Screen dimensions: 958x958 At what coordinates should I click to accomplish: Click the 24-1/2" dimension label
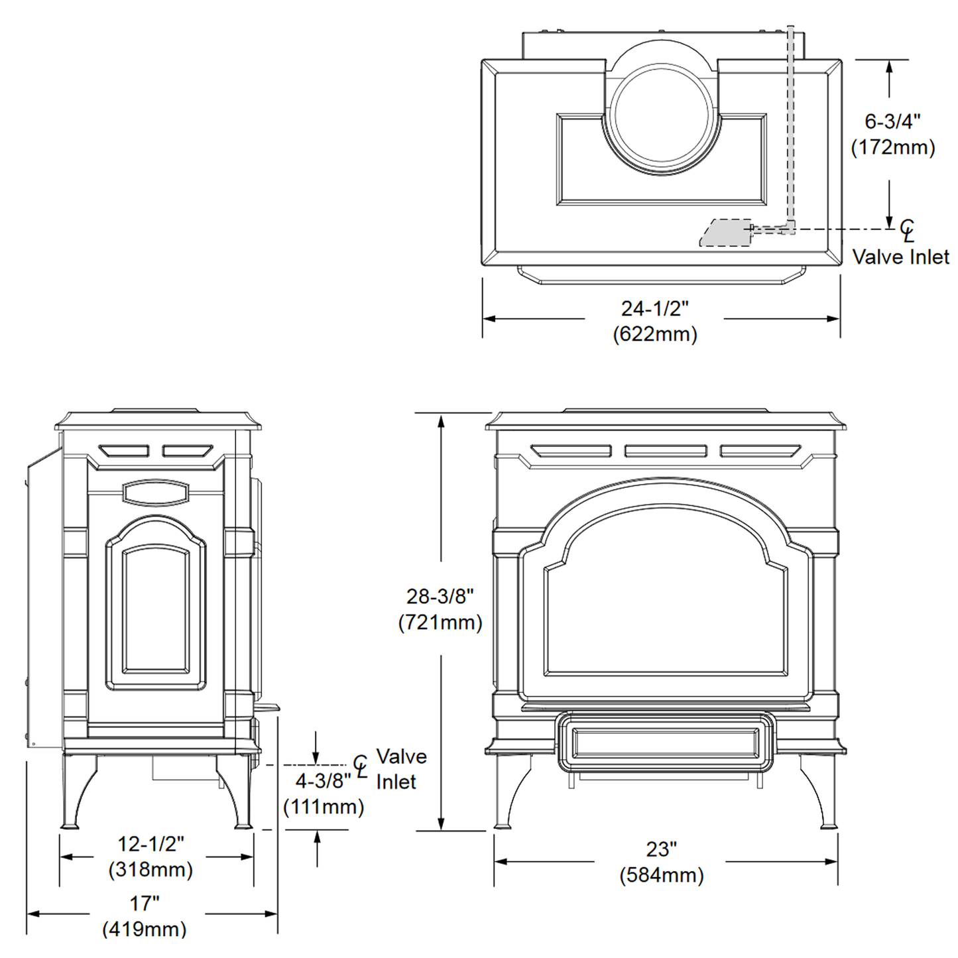(x=654, y=308)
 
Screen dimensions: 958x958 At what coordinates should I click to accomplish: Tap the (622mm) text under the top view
(x=654, y=333)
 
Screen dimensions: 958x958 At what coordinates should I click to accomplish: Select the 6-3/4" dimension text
(x=892, y=121)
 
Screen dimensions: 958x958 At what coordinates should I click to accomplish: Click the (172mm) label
(x=892, y=147)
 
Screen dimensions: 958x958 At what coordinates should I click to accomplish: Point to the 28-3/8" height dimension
(x=440, y=597)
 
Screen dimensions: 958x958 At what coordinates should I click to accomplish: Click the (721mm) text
(x=440, y=623)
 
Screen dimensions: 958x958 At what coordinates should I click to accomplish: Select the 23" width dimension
(x=661, y=849)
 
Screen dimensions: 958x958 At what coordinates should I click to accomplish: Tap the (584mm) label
(x=661, y=875)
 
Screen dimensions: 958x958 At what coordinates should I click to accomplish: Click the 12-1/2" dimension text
(x=150, y=843)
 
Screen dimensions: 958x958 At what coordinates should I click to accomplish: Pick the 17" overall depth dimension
(x=144, y=903)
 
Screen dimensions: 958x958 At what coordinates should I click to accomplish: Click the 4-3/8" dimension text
(x=323, y=781)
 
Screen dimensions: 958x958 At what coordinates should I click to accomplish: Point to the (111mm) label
(x=323, y=807)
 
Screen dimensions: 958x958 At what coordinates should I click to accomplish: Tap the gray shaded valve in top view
(x=726, y=233)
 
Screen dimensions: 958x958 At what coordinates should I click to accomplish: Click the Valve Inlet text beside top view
(x=900, y=257)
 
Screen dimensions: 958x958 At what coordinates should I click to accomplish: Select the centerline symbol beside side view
(x=360, y=766)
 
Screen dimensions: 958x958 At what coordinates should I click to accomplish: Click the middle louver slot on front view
(x=665, y=451)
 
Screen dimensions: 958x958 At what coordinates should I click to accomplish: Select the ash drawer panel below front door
(x=665, y=743)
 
